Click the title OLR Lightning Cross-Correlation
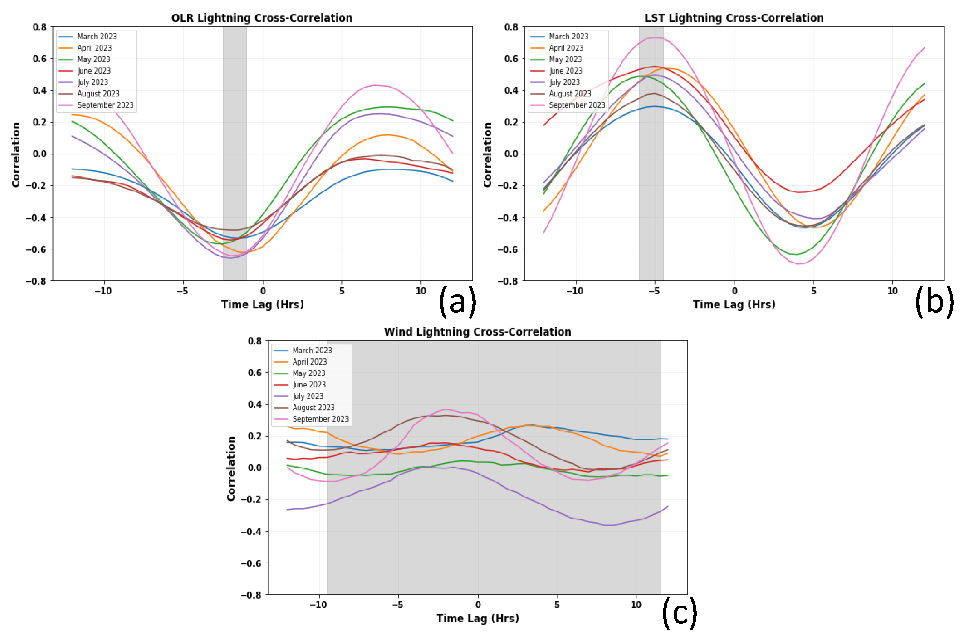click(x=261, y=18)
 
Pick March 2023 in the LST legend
click(x=568, y=36)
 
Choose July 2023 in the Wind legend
click(x=308, y=396)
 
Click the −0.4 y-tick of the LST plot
click(x=508, y=217)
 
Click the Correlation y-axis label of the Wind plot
click(x=231, y=468)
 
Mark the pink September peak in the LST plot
click(x=655, y=37)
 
